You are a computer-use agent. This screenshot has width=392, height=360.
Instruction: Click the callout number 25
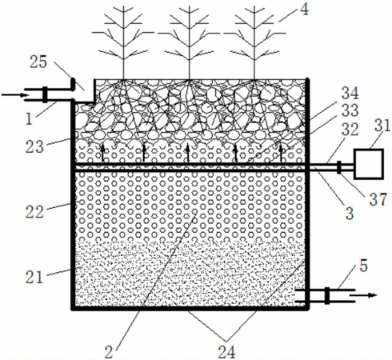pyautogui.click(x=38, y=62)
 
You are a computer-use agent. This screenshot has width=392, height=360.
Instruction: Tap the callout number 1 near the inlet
pyautogui.click(x=29, y=119)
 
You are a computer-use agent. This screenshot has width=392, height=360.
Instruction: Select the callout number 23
pyautogui.click(x=34, y=146)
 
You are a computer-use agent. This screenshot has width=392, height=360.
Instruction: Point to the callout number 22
pyautogui.click(x=34, y=212)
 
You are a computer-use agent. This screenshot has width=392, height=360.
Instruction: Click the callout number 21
pyautogui.click(x=34, y=278)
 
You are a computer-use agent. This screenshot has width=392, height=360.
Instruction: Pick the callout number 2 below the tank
pyautogui.click(x=109, y=352)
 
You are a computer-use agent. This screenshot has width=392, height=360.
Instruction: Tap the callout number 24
pyautogui.click(x=226, y=352)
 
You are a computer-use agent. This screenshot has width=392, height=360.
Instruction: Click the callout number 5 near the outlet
pyautogui.click(x=363, y=266)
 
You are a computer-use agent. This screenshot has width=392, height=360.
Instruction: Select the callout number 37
pyautogui.click(x=378, y=199)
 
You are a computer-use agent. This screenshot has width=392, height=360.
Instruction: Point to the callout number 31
pyautogui.click(x=382, y=126)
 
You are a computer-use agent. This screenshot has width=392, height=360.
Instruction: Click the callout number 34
pyautogui.click(x=350, y=94)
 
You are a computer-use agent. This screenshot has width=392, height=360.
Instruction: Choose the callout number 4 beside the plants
pyautogui.click(x=304, y=10)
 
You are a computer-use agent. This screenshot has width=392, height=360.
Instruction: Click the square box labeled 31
pyautogui.click(x=369, y=164)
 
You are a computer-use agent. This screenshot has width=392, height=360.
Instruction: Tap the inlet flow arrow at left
pyautogui.click(x=15, y=94)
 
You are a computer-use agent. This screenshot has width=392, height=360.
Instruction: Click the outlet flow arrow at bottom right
pyautogui.click(x=363, y=295)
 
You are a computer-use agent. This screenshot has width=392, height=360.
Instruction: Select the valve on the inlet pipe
pyautogui.click(x=45, y=94)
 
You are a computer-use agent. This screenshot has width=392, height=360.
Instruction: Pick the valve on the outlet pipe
pyautogui.click(x=327, y=295)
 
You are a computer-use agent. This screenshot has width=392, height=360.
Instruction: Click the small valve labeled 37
pyautogui.click(x=339, y=167)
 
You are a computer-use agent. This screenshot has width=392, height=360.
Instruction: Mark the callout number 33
pyautogui.click(x=350, y=110)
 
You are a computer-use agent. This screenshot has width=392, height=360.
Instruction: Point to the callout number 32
pyautogui.click(x=350, y=130)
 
